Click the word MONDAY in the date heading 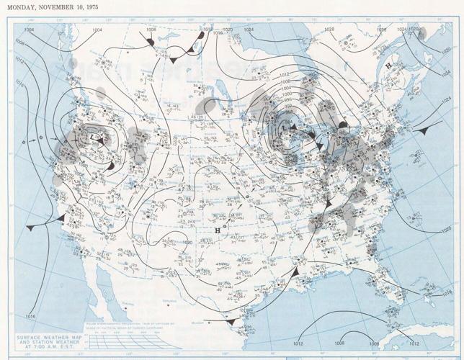point(19,7)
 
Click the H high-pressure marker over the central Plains point(218,230)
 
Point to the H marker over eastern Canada point(389,66)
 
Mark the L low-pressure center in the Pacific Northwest point(94,135)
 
